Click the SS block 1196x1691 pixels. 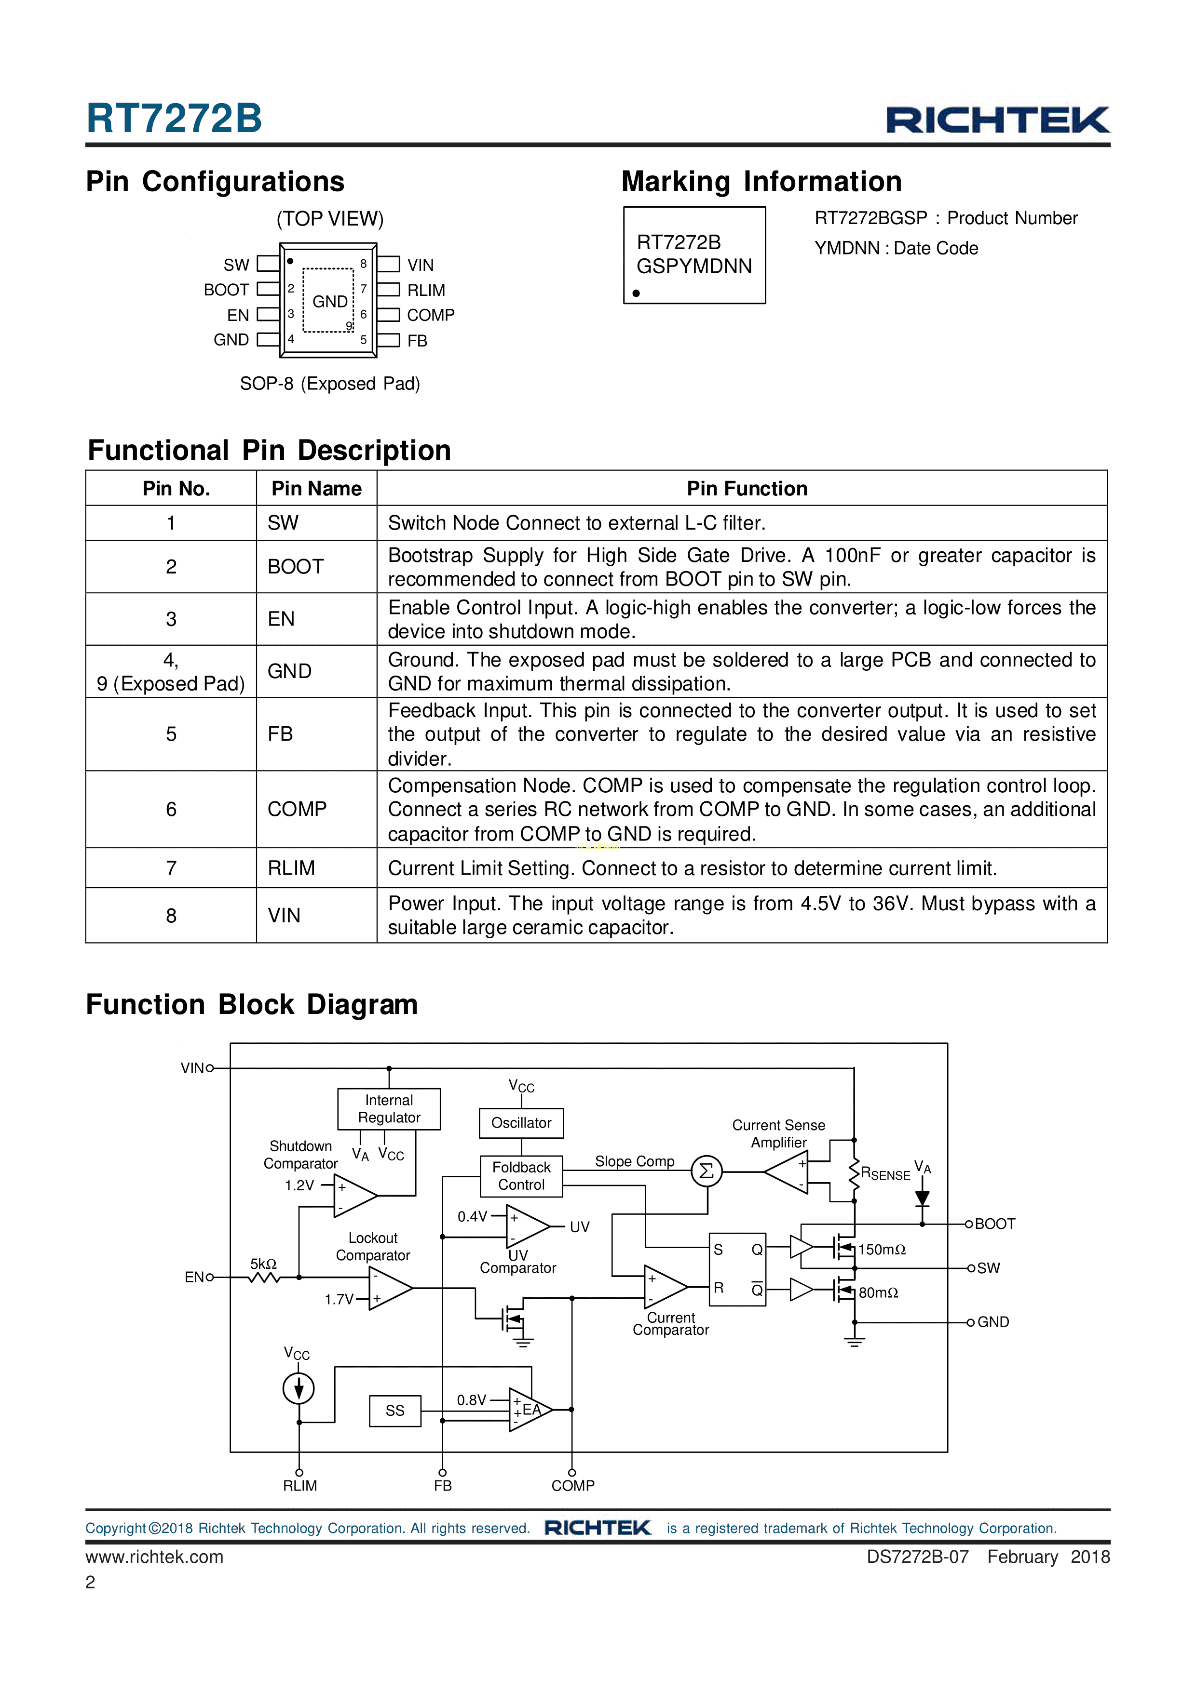[395, 1411]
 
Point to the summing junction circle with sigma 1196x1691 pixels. [706, 1171]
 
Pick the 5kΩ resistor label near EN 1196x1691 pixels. [263, 1264]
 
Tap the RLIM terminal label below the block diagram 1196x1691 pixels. [300, 1486]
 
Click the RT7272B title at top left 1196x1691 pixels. [174, 118]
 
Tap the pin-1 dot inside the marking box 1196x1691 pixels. [636, 293]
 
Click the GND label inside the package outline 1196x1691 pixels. [329, 301]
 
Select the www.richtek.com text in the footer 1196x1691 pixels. [154, 1556]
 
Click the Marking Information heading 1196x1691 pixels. [761, 181]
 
